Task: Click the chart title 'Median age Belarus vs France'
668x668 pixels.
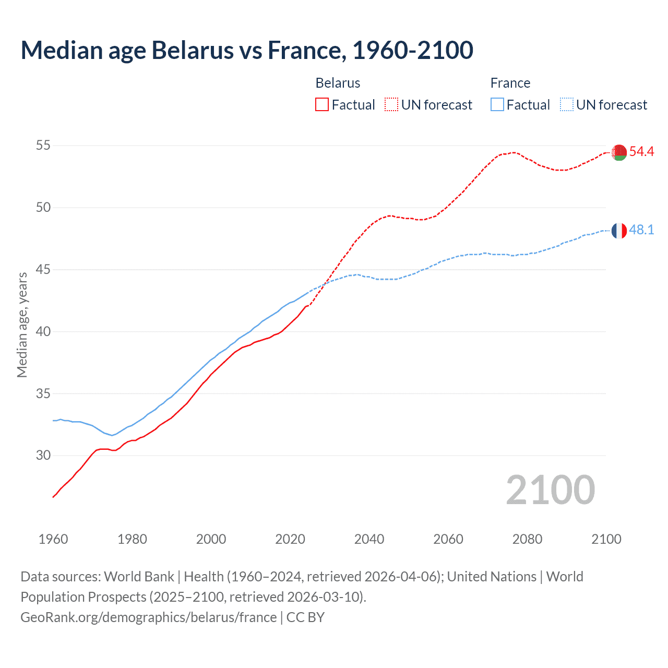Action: click(x=247, y=50)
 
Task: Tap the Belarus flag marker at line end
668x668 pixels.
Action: click(x=619, y=152)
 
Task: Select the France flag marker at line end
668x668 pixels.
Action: click(x=619, y=230)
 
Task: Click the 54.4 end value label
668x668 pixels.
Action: click(x=641, y=152)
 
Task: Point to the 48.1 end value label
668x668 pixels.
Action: click(x=641, y=230)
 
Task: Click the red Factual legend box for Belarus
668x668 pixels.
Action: click(x=322, y=105)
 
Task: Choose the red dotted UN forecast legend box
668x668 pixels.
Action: click(x=391, y=105)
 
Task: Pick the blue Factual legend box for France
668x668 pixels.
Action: click(x=497, y=105)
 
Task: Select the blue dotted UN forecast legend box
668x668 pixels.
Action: click(x=567, y=105)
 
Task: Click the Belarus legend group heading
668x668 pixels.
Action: click(x=338, y=83)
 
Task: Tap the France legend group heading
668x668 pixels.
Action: click(x=510, y=83)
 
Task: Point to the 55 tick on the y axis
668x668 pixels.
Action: click(x=43, y=146)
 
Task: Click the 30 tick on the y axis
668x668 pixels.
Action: click(x=43, y=456)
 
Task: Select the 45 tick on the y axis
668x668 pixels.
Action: click(x=43, y=270)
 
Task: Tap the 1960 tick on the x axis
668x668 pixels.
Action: click(x=53, y=539)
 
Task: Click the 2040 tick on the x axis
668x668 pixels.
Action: click(x=369, y=539)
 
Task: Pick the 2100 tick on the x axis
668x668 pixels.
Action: click(x=606, y=539)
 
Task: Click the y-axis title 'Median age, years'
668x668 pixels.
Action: click(x=22, y=325)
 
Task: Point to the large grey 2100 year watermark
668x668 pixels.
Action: click(x=550, y=490)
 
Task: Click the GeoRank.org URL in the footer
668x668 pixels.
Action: click(x=149, y=617)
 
